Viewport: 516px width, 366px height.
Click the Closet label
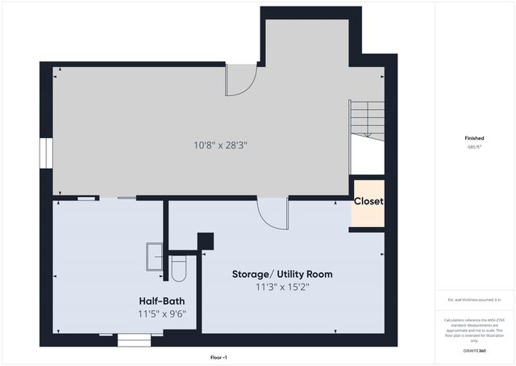[x=368, y=201]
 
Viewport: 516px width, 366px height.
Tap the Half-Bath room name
[x=160, y=301]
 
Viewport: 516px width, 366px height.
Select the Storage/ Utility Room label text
[x=281, y=274]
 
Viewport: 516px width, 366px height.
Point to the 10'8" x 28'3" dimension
[x=220, y=145]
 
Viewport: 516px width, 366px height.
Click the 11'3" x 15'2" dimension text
[x=281, y=286]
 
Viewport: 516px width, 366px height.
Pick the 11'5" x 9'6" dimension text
[x=160, y=313]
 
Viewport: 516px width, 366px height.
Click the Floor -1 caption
[x=219, y=356]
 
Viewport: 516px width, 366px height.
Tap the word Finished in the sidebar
[x=473, y=138]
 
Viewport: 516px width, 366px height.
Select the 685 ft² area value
[x=473, y=147]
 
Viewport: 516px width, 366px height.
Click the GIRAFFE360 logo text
[x=473, y=350]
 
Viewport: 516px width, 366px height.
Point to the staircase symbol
[x=367, y=119]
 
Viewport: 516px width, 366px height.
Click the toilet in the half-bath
[x=179, y=268]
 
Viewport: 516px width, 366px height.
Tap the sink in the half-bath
[x=154, y=255]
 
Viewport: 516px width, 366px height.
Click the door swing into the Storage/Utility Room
[x=272, y=214]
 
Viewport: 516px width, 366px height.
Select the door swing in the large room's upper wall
[x=240, y=79]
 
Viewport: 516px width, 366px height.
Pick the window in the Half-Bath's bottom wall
[x=134, y=340]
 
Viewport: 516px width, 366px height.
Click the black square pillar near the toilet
[x=206, y=242]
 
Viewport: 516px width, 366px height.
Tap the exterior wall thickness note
[x=473, y=300]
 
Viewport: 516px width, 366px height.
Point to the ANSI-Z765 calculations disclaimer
[x=473, y=330]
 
